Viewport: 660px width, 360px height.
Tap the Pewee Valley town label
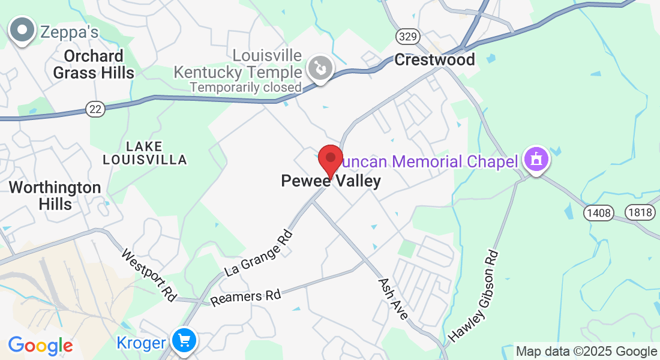(331, 181)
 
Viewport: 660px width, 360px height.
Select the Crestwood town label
(434, 59)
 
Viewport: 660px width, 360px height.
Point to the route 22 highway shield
(94, 109)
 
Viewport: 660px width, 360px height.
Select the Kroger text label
(140, 343)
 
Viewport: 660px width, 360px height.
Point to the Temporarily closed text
(245, 88)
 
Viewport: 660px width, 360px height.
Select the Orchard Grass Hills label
(94, 64)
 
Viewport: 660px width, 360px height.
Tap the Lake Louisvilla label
(145, 153)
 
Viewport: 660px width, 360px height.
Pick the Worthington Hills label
(55, 196)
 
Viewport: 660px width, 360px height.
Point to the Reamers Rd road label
(246, 296)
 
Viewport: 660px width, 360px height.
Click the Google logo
(40, 346)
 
